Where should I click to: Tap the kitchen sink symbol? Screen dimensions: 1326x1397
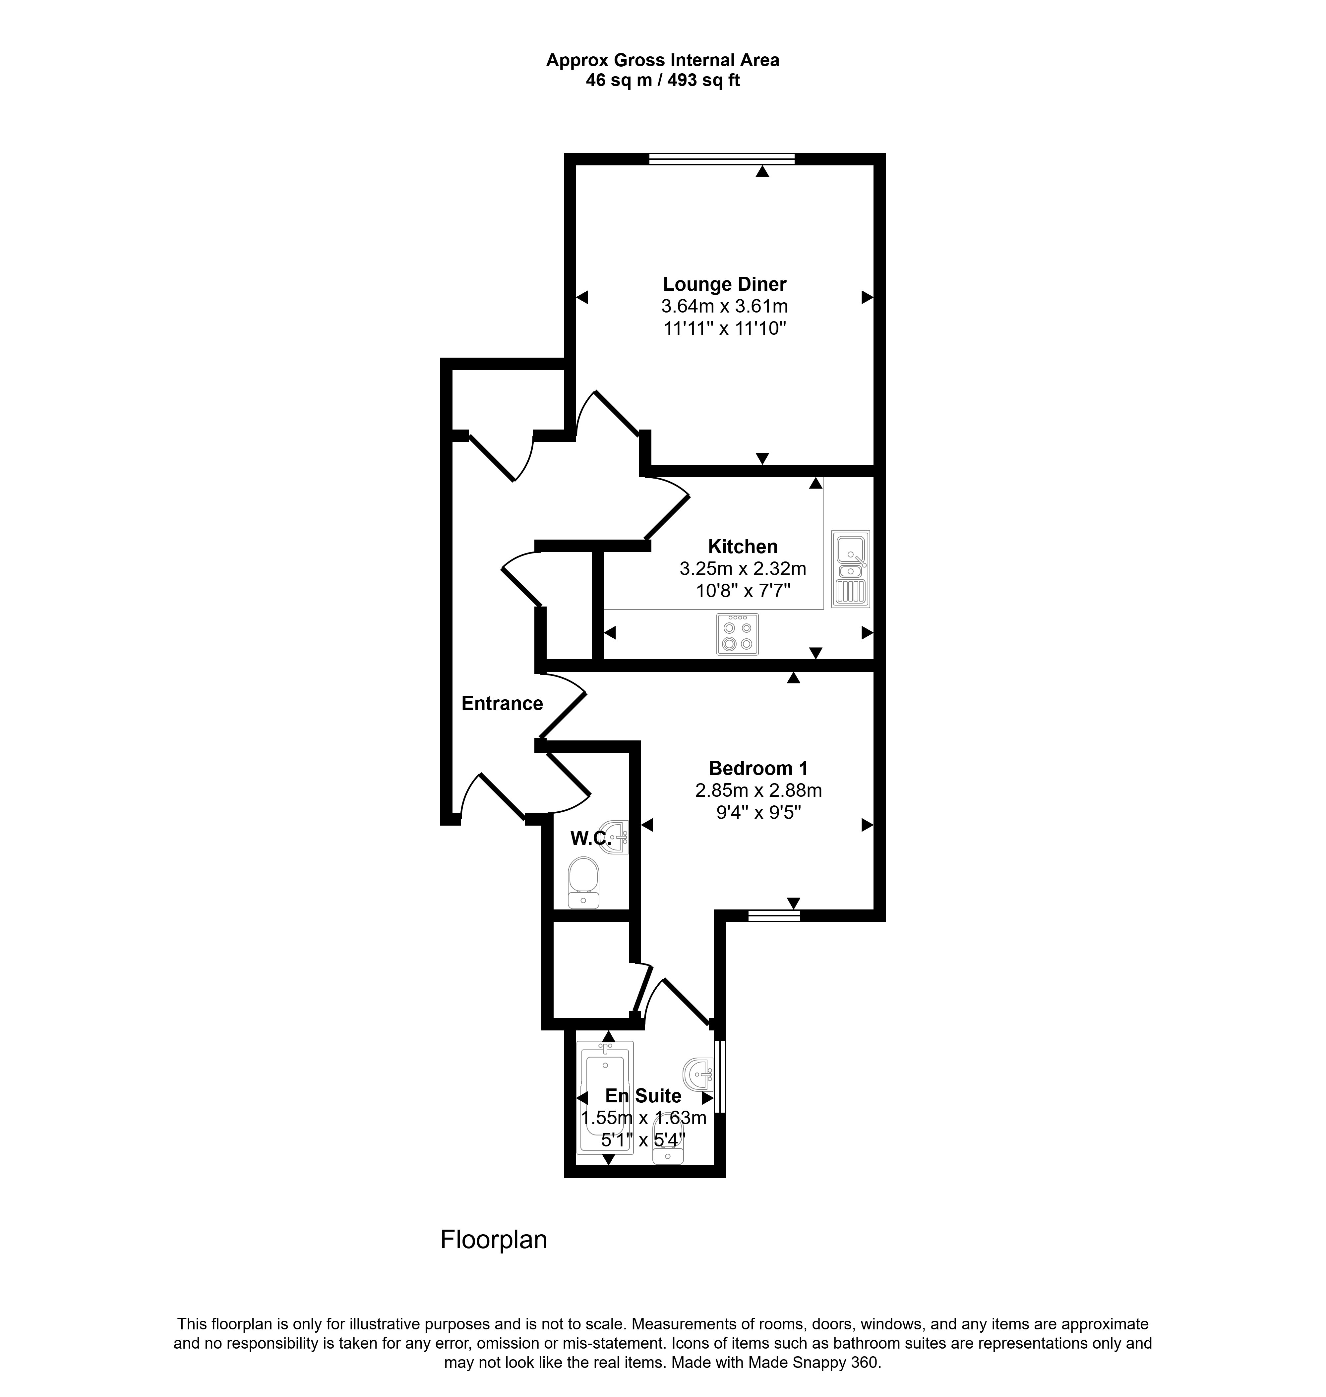[850, 568]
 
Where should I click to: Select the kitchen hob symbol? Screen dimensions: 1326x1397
[737, 634]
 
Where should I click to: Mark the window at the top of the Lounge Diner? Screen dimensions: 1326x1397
[722, 159]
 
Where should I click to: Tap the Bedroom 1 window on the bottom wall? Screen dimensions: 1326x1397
[774, 916]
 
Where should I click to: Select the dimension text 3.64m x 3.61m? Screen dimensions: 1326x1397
[725, 307]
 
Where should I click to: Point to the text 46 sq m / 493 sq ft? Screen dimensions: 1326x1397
[663, 81]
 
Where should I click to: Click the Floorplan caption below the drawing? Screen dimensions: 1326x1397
[494, 1240]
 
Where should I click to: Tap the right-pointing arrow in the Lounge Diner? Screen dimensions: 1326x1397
[867, 298]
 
